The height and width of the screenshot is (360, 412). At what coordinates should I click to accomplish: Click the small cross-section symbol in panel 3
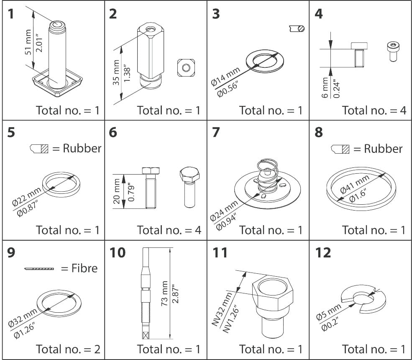[x=296, y=28]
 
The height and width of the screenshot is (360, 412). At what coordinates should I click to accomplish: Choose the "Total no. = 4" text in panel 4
[x=374, y=111]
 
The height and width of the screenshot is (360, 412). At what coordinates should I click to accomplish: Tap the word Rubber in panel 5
[x=82, y=148]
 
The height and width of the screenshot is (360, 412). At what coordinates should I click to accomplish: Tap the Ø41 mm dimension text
[x=355, y=184]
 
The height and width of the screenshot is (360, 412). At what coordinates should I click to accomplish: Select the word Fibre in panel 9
[x=85, y=268]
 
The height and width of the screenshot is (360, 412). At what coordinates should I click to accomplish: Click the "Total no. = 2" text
[x=68, y=349]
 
